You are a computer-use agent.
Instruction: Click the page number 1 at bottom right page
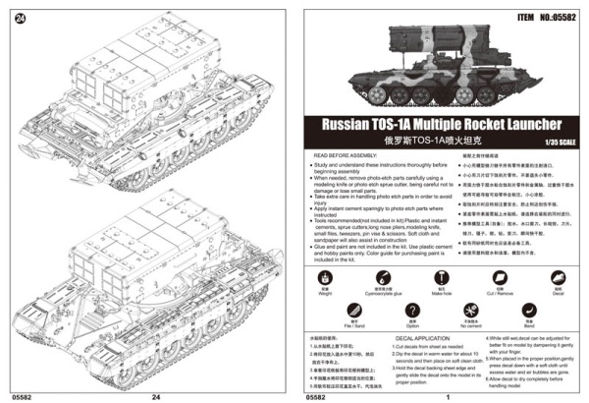(448, 396)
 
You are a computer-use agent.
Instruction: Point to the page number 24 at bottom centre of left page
(155, 396)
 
